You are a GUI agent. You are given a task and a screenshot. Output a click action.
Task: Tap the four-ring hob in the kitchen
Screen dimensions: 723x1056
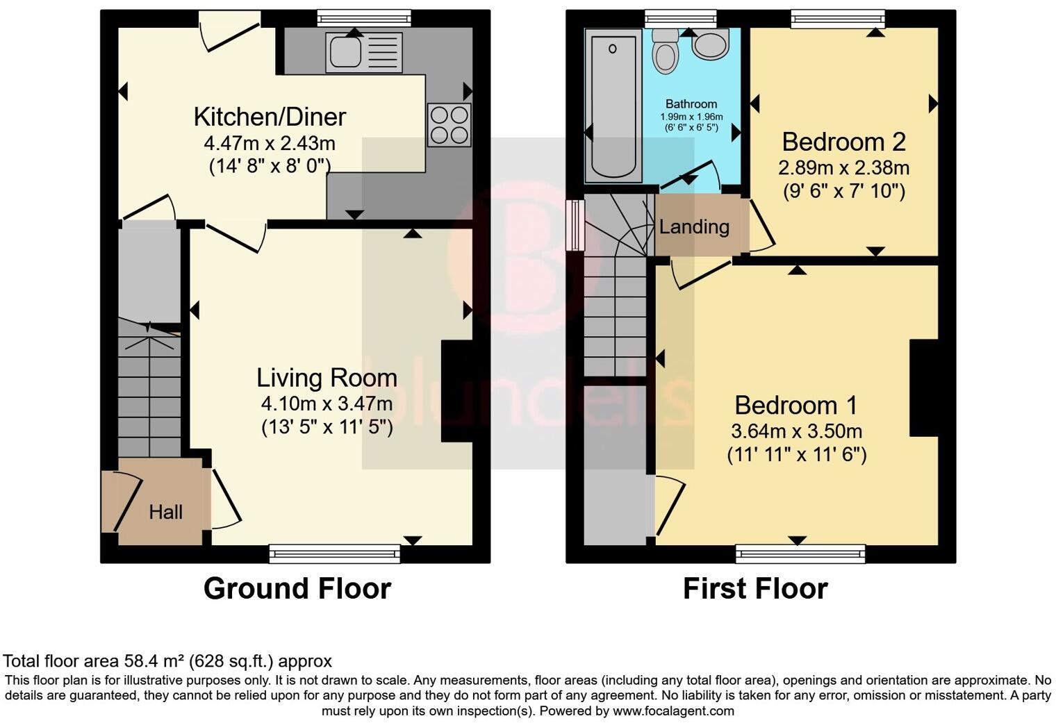tap(449, 125)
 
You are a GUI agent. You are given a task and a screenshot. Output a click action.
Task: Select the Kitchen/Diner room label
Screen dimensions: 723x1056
tap(270, 117)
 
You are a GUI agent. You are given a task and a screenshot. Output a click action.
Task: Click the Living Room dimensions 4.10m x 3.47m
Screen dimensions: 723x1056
tap(327, 403)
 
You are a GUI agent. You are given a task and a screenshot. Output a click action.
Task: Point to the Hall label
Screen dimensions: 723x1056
tap(165, 513)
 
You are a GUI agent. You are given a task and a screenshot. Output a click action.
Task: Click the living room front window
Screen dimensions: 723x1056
tap(335, 553)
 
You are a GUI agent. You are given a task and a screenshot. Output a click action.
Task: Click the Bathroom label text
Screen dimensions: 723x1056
tap(691, 104)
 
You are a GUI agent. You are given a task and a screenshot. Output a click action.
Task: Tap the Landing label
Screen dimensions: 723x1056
tap(694, 227)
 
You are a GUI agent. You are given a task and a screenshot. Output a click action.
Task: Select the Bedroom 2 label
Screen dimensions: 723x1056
tap(843, 142)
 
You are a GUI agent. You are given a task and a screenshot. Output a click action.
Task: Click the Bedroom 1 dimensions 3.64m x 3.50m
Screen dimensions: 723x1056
tap(796, 431)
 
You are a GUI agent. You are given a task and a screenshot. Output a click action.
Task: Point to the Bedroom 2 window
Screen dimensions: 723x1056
tap(839, 19)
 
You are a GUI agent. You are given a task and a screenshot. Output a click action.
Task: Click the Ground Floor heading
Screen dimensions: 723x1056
tap(297, 588)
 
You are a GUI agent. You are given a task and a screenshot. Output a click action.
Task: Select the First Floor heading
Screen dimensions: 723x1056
tap(755, 588)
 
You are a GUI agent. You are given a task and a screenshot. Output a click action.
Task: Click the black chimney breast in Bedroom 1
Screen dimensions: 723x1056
tap(924, 388)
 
